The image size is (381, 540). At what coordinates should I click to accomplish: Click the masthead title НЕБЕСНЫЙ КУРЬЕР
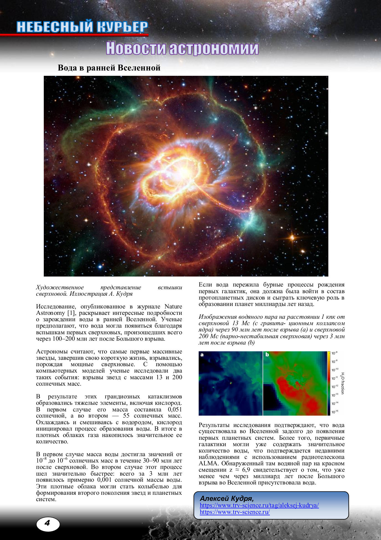[x=82, y=27]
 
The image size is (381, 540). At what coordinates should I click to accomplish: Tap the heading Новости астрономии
[x=182, y=48]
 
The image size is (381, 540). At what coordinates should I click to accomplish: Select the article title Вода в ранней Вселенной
[x=109, y=68]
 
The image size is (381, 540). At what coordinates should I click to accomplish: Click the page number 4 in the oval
[x=48, y=523]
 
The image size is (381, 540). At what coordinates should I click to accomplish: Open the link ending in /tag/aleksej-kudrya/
[x=259, y=505]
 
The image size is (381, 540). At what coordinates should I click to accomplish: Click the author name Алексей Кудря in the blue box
[x=227, y=498]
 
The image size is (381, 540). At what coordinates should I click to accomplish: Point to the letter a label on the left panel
[x=202, y=355]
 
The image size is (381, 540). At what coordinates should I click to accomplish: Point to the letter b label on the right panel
[x=267, y=355]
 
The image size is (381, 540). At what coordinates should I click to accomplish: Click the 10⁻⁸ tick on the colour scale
[x=334, y=353]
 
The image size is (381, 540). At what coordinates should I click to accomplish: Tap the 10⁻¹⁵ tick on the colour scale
[x=335, y=412]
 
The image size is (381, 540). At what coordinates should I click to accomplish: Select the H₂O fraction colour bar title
[x=342, y=383]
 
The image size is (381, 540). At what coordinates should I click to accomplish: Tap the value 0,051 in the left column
[x=175, y=410]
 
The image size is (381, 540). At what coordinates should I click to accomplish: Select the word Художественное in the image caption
[x=60, y=287]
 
